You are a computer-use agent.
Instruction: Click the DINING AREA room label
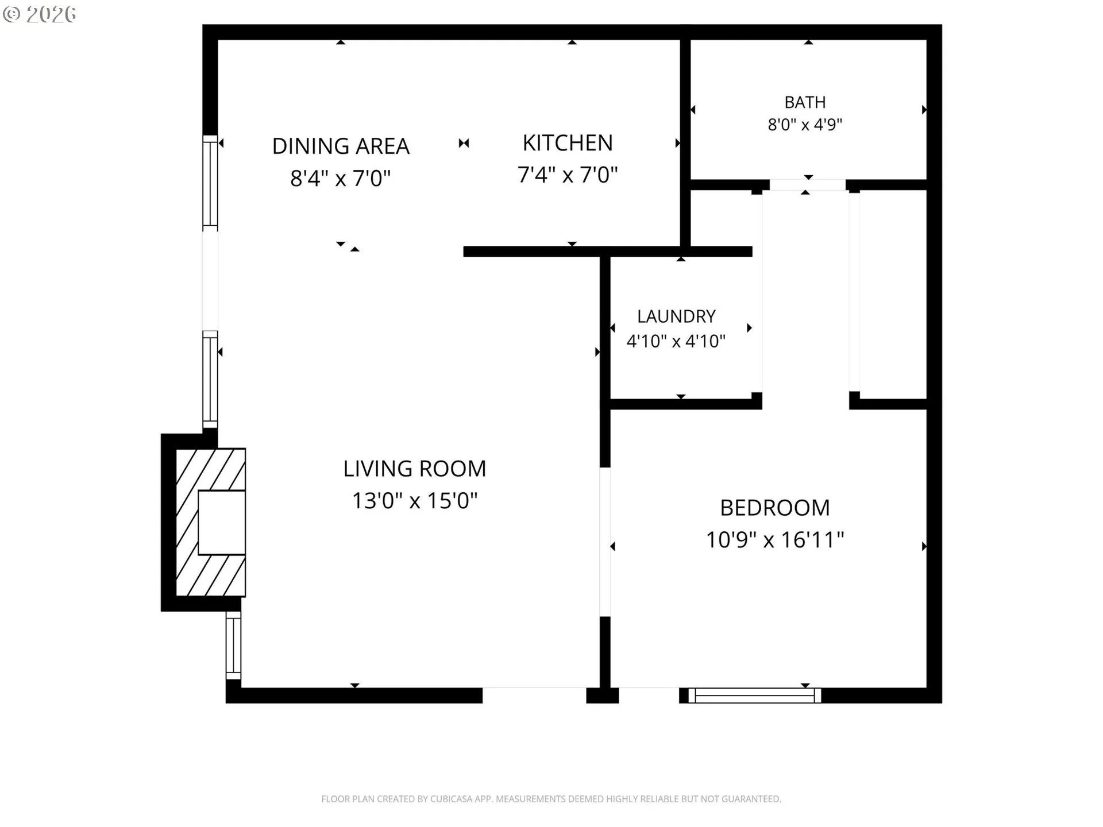coord(341,146)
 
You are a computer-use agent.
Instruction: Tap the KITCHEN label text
coord(568,143)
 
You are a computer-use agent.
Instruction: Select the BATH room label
coord(805,102)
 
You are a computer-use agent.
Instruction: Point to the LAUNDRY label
coord(676,316)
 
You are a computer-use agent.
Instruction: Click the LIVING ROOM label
coord(415,469)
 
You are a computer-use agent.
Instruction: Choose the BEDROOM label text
coord(775,508)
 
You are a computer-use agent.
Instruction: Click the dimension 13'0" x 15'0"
coord(415,501)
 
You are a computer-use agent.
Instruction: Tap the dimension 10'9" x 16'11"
coord(775,540)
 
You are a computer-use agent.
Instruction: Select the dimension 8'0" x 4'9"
coord(805,125)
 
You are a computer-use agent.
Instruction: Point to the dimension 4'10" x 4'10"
coord(676,341)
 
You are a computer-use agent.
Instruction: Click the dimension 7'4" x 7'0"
coord(568,175)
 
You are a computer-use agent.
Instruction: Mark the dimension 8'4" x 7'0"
coord(341,179)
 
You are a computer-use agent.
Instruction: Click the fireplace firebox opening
coord(222,523)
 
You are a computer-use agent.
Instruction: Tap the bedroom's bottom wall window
coord(755,695)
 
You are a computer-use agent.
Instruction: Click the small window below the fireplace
coord(233,646)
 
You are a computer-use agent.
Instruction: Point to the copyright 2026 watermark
coord(39,14)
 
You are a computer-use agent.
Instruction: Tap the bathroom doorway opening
coord(807,185)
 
